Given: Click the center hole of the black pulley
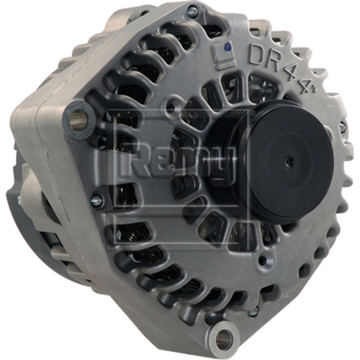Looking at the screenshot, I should pos(287,161).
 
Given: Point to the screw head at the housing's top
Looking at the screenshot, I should pos(192,12).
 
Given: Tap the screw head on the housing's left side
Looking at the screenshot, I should pos(96,201).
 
